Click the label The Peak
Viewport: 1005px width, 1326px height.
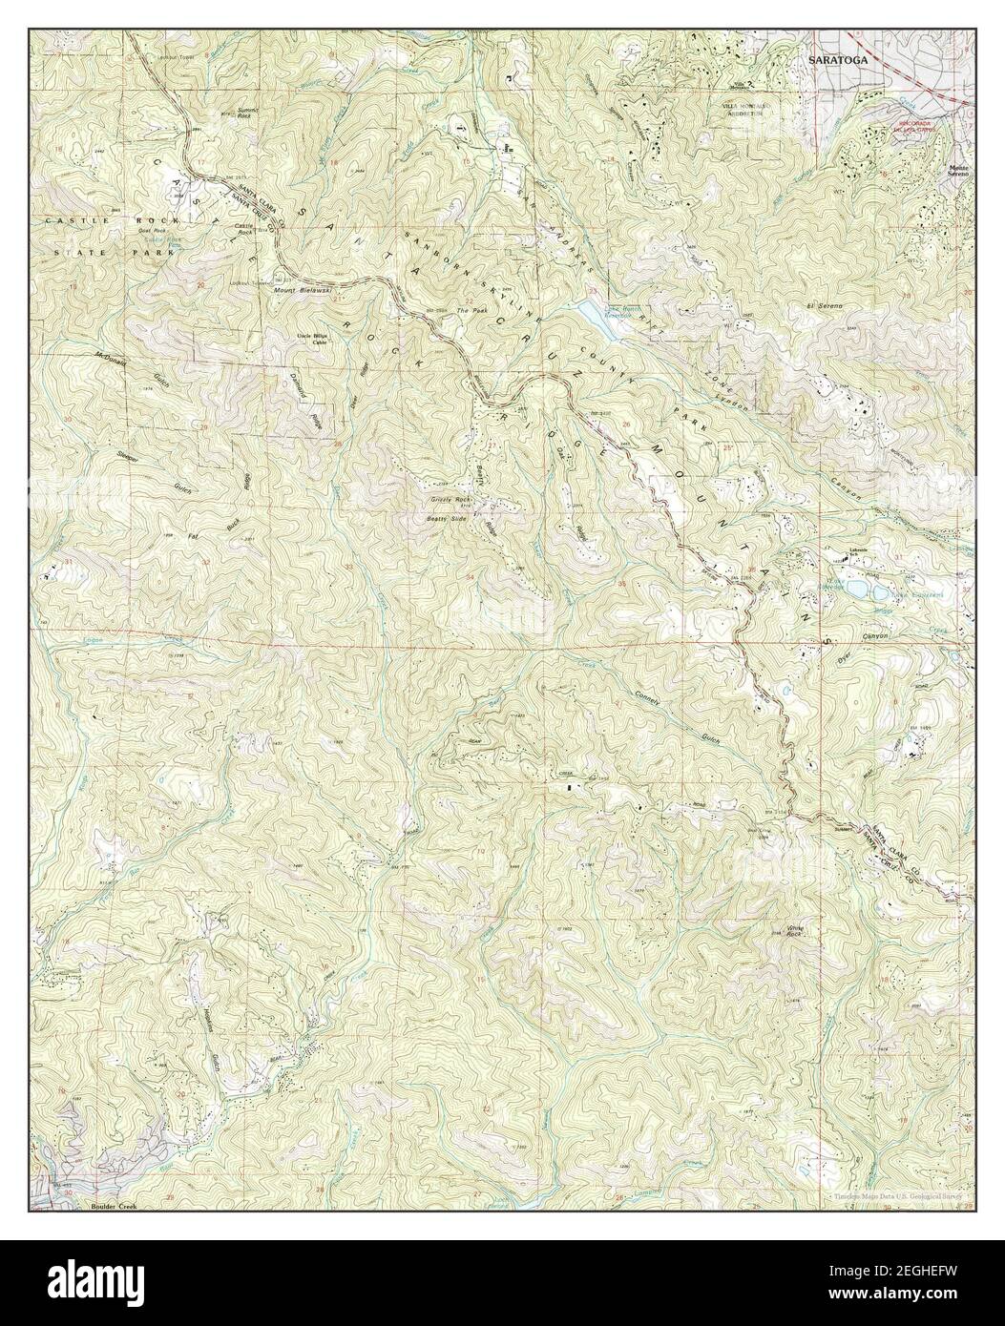[471, 311]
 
